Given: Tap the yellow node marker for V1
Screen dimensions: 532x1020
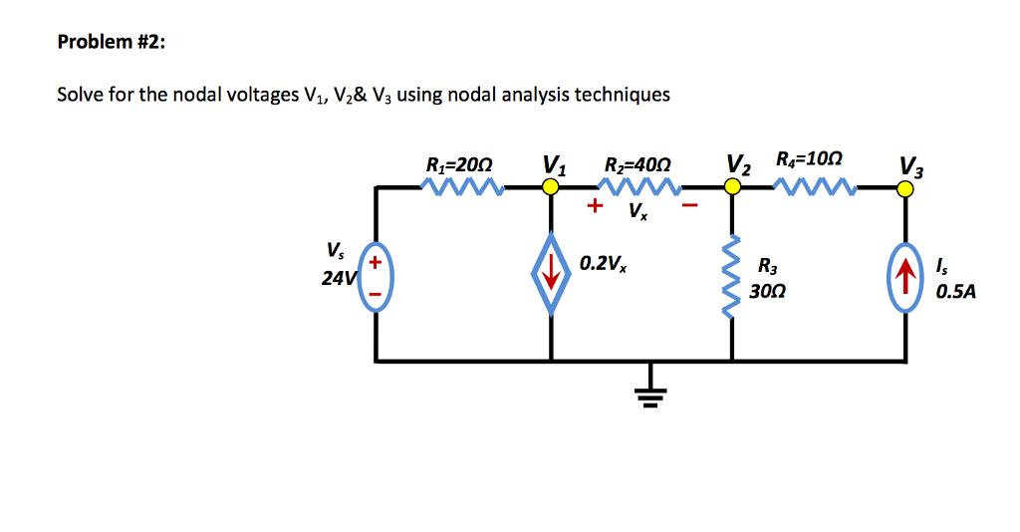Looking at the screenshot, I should pos(549,186).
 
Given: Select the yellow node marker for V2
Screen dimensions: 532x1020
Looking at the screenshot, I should pos(733,186).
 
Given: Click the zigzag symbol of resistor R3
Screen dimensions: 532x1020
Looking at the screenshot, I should pos(734,272).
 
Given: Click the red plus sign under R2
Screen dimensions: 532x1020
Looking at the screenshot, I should pos(595,206).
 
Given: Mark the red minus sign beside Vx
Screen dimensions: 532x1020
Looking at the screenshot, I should pos(689,207).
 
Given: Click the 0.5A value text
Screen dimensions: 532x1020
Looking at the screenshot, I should pos(955,294).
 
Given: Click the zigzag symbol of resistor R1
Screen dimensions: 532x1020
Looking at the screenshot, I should pos(462,186).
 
